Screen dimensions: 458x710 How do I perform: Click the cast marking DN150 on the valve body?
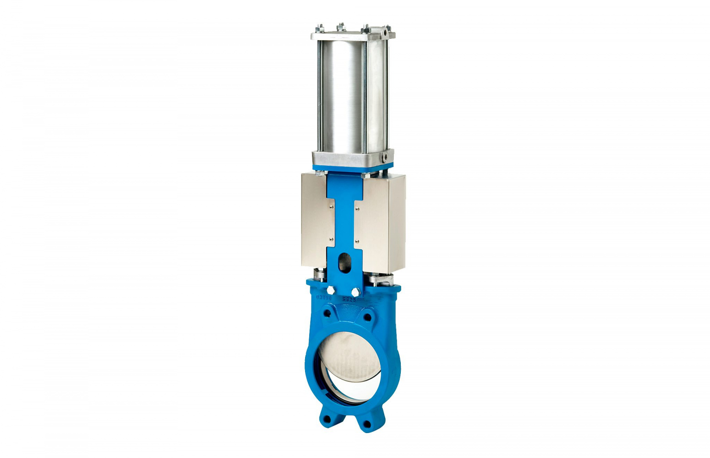tap(324, 298)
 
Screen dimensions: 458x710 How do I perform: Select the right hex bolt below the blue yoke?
tap(355, 292)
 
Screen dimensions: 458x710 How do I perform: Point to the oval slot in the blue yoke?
tap(343, 263)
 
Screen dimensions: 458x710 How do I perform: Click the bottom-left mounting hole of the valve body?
tap(327, 419)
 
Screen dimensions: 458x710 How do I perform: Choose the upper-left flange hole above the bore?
tap(327, 313)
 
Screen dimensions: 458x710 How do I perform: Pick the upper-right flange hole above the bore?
tap(367, 318)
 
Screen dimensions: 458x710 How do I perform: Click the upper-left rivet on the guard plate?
tap(331, 208)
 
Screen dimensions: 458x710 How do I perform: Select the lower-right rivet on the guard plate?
tap(356, 240)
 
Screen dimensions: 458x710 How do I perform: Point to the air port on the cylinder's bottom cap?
tap(385, 157)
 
